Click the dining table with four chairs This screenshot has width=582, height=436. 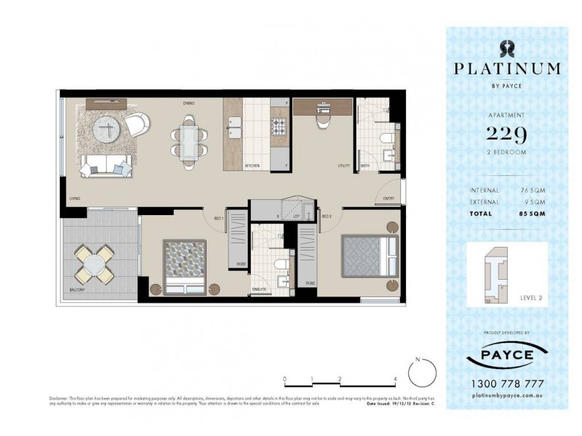point(188,139)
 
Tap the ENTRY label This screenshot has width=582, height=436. point(388,198)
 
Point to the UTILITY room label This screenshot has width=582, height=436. point(344,166)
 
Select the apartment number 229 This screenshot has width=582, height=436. point(506,134)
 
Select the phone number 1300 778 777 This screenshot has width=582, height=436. point(506,383)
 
